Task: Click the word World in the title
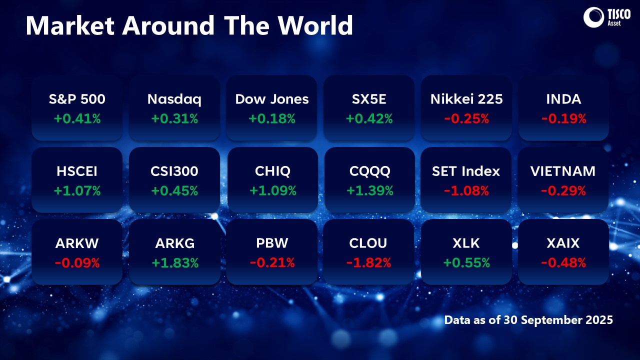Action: click(315, 26)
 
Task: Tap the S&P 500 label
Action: click(77, 99)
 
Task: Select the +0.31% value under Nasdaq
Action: click(174, 119)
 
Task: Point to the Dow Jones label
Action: click(272, 99)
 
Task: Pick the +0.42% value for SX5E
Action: click(369, 119)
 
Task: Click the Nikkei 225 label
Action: click(466, 99)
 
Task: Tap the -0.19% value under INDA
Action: click(563, 119)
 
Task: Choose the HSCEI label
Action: click(77, 171)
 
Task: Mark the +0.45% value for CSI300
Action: click(174, 191)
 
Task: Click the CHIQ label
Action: click(272, 171)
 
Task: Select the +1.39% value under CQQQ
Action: click(369, 191)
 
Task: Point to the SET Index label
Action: click(466, 171)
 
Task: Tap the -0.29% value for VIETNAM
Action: click(563, 191)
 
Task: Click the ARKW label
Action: click(77, 243)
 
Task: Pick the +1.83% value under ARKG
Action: click(174, 263)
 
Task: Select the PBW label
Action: click(272, 243)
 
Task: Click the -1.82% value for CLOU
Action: click(369, 263)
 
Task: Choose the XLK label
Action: click(466, 243)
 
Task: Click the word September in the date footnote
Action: click(557, 320)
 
